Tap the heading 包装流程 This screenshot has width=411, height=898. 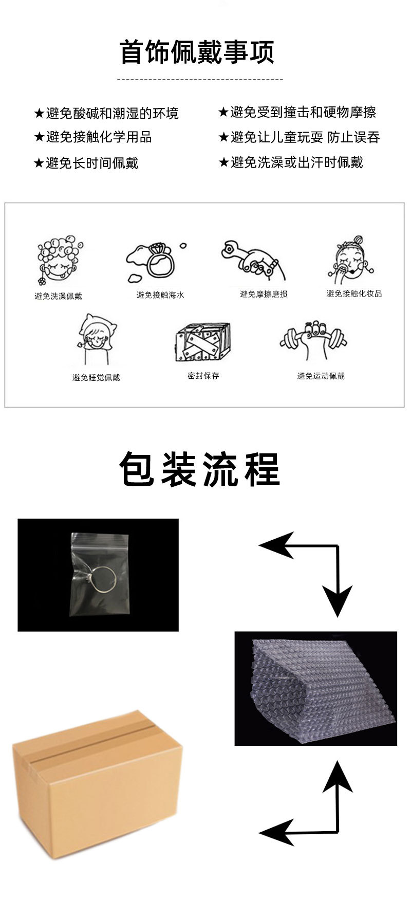point(200,469)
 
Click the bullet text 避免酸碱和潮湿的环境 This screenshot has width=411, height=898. point(113,113)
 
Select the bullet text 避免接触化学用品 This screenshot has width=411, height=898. point(99,137)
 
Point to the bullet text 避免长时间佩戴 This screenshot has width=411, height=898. point(92,163)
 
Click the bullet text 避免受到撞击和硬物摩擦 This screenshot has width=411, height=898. point(303,112)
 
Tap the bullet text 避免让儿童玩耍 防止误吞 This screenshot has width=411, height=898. point(305,137)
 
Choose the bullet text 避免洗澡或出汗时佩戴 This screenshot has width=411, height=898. point(296,162)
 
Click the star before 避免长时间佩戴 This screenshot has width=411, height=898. point(39,163)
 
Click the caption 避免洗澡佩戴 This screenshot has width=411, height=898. point(58,296)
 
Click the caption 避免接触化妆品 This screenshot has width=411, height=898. point(354,294)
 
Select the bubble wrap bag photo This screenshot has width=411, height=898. point(316,688)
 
